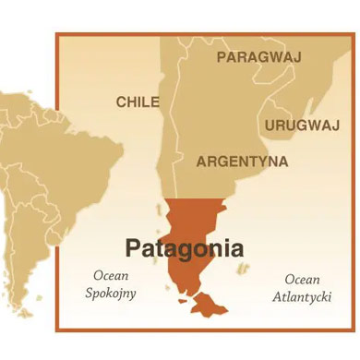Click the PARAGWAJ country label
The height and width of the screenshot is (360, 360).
(x=258, y=57)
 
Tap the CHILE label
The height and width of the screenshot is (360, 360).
(x=138, y=102)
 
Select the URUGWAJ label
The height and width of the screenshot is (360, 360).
(x=302, y=125)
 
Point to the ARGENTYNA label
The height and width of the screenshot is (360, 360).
(x=242, y=162)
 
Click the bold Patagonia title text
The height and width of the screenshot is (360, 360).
(x=185, y=248)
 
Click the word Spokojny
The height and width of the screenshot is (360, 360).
(x=111, y=294)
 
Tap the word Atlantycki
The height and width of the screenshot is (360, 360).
(x=302, y=296)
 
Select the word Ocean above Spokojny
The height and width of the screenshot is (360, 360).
(x=111, y=276)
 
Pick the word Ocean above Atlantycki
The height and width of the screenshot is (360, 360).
(x=302, y=279)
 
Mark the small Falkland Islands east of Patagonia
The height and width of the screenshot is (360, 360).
(x=243, y=269)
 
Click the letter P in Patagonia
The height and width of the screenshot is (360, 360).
(x=133, y=248)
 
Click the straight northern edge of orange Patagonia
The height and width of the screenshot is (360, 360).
(x=195, y=200)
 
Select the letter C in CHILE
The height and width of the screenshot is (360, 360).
(x=121, y=102)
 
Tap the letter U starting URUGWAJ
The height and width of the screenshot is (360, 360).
(x=270, y=125)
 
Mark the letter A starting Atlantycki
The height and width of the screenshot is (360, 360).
(x=277, y=296)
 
